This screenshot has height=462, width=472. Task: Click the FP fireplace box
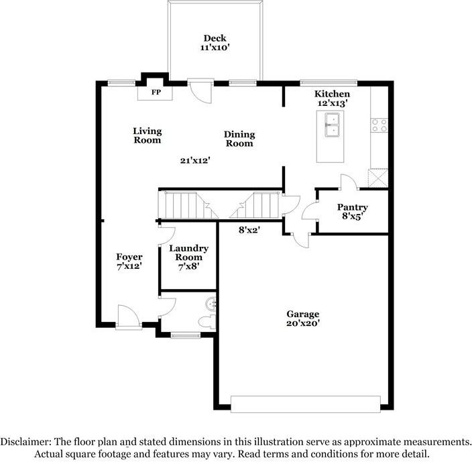click(155, 92)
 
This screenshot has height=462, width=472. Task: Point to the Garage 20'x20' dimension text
click(303, 323)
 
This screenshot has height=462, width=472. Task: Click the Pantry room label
click(352, 207)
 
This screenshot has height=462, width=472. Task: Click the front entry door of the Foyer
click(128, 316)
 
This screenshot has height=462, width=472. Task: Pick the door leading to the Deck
click(200, 91)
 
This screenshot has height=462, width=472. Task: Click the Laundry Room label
click(188, 253)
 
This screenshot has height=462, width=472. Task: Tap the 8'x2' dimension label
click(249, 229)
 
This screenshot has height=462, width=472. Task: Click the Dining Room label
click(239, 139)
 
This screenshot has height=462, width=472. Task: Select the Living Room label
click(147, 135)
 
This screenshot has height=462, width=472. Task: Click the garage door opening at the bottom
click(305, 403)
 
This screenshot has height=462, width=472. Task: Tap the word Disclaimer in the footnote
click(25, 442)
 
